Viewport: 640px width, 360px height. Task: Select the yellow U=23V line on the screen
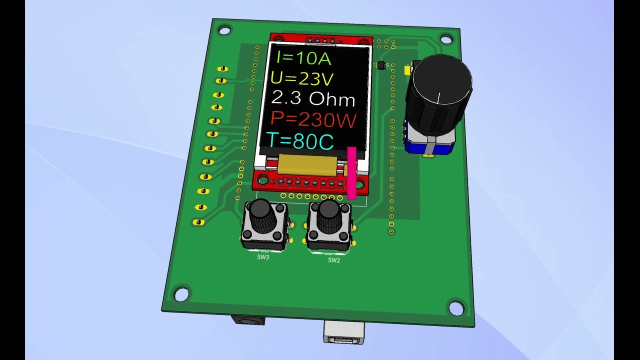click(301, 78)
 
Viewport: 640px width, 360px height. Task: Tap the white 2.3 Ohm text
click(313, 98)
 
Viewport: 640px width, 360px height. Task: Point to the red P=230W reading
click(313, 119)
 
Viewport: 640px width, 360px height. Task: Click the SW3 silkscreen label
click(263, 257)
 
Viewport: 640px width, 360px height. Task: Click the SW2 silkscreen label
click(333, 260)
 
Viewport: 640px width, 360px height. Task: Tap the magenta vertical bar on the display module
click(351, 173)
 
